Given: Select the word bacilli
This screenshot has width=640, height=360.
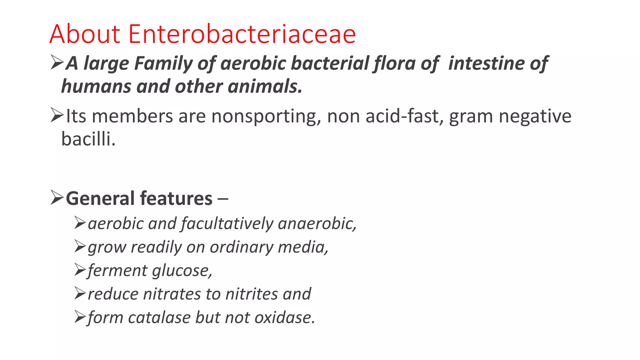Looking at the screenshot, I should pyautogui.click(x=88, y=139).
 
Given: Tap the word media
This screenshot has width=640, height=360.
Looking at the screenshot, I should pyautogui.click(x=303, y=247).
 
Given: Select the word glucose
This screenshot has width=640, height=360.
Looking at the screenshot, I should pyautogui.click(x=182, y=271).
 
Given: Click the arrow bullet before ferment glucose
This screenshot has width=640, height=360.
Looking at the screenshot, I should pyautogui.click(x=80, y=270).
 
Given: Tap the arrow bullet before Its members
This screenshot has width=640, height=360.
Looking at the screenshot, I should pyautogui.click(x=57, y=116).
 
